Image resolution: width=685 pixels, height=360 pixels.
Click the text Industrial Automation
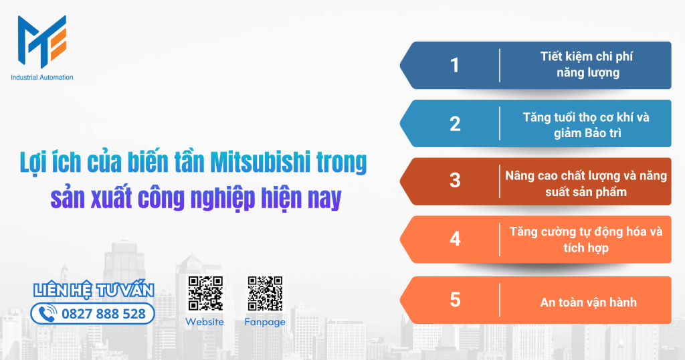coord(42,78)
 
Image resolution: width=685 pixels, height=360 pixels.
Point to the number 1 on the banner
coord(456,66)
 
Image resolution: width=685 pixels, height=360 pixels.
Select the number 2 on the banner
coord(456,124)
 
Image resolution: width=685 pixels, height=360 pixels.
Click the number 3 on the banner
coord(456,181)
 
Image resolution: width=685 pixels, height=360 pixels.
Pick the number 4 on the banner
coord(456,239)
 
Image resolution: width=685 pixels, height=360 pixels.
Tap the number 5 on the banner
coord(456,300)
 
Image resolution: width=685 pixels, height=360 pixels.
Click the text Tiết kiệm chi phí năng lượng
coord(587,65)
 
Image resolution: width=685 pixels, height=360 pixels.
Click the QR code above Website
coord(205,294)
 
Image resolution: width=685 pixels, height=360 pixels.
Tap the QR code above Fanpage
coord(265,294)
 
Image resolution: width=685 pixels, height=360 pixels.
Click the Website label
coord(205,322)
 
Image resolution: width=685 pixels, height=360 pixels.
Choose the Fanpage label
coord(265,322)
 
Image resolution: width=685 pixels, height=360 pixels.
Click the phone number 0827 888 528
coord(103,314)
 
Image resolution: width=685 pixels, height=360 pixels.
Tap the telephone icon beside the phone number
coord(47,314)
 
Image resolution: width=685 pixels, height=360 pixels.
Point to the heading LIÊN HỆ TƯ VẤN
coord(94,290)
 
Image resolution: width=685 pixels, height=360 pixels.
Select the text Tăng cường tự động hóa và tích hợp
coord(586,240)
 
